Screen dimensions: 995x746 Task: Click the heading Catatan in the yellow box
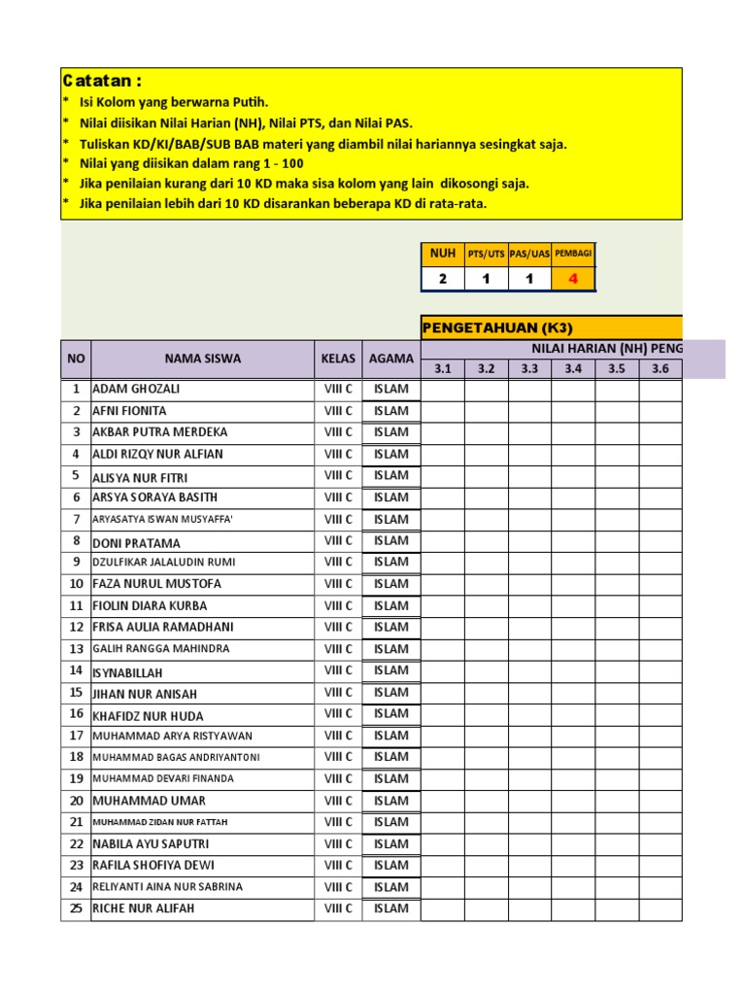click(x=102, y=81)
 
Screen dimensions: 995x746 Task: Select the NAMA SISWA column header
click(x=202, y=359)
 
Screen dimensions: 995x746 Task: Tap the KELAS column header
click(x=338, y=359)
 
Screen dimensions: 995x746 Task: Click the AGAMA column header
click(x=390, y=359)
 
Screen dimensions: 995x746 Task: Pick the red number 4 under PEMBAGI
click(x=573, y=279)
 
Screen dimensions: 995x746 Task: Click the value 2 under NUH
click(x=442, y=279)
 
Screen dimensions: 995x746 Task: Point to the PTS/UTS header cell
click(x=486, y=254)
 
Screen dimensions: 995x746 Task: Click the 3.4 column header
click(x=573, y=369)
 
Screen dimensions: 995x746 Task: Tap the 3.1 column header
click(x=442, y=369)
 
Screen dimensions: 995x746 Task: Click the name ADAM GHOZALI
click(x=136, y=389)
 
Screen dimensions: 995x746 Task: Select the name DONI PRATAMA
click(x=136, y=542)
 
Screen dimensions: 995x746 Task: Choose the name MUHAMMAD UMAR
click(x=149, y=801)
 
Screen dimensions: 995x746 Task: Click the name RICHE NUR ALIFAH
click(x=143, y=909)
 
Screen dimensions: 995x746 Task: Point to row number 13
click(x=76, y=649)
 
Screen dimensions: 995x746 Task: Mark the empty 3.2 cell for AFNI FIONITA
click(x=486, y=411)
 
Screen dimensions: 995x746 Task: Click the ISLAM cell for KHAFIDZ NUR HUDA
click(x=391, y=714)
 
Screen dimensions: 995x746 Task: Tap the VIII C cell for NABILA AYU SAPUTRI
click(x=338, y=843)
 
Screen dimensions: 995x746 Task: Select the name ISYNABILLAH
click(x=127, y=672)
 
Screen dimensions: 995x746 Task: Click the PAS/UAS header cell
click(x=529, y=254)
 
